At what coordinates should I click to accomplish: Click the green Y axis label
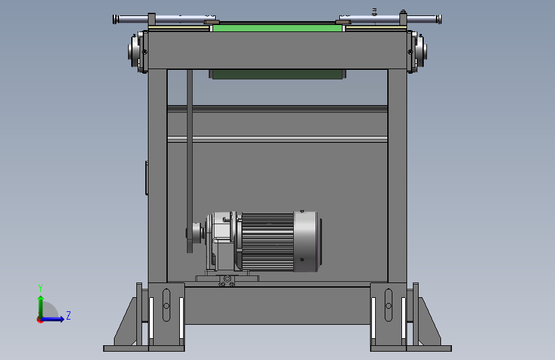coord(40,288)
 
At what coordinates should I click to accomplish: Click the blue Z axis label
coord(68,315)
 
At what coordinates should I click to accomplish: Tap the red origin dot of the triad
coord(40,320)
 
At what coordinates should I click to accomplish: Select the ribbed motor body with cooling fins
coord(268,242)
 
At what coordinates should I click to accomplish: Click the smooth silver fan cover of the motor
coord(306,242)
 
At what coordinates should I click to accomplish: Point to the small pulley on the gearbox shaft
coord(195,233)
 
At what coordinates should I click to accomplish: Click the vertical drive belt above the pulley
coord(189,149)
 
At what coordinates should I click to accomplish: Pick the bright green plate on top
coord(278,27)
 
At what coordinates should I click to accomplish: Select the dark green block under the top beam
coord(277,74)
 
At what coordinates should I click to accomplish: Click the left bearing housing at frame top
coord(138,51)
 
